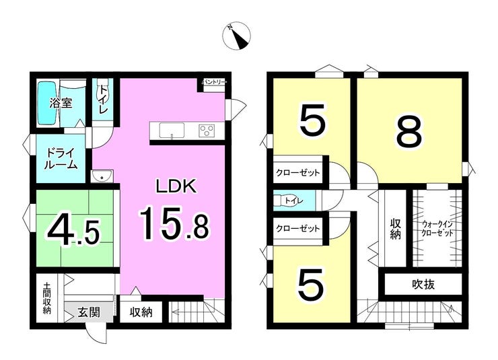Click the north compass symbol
click(x=237, y=35)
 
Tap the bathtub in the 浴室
click(x=47, y=104)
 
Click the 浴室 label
click(x=61, y=103)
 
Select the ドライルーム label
click(x=61, y=158)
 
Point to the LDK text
click(x=176, y=186)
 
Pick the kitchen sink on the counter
click(x=172, y=131)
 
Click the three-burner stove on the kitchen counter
click(x=207, y=131)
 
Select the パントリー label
click(x=215, y=82)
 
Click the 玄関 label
click(x=89, y=312)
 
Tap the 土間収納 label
click(x=46, y=298)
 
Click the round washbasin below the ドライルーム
click(x=102, y=176)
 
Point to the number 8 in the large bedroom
click(x=410, y=131)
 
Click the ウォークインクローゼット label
click(x=437, y=229)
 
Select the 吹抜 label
click(x=423, y=285)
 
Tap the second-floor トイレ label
click(x=294, y=201)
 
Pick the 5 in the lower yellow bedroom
click(x=311, y=284)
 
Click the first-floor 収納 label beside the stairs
click(x=141, y=313)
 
